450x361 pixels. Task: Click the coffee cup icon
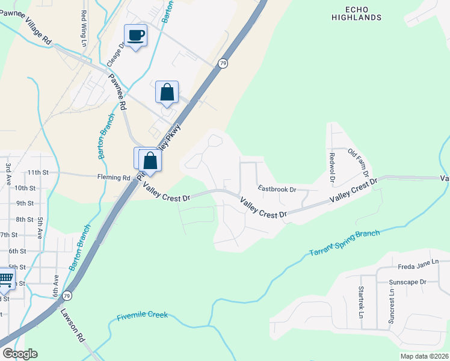[136, 35]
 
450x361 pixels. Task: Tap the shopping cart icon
[6, 278]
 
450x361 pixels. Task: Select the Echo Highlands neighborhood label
[356, 13]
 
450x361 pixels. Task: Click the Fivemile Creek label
[143, 316]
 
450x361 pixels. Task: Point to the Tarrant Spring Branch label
[345, 244]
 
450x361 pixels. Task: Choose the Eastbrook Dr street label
[277, 189]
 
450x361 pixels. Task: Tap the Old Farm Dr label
[359, 163]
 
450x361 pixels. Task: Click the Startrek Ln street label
[362, 303]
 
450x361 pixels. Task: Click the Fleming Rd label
[114, 177]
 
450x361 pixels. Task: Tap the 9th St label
[25, 203]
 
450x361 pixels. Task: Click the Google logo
[20, 354]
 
